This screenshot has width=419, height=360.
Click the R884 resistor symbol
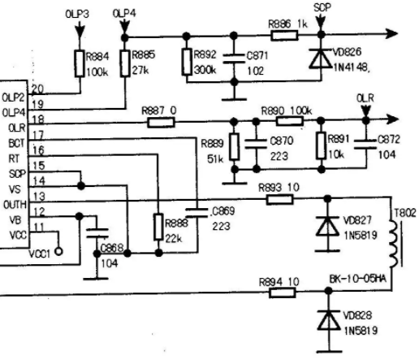(x=80, y=63)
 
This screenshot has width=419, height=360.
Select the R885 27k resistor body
(x=125, y=63)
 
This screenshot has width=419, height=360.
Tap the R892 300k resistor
(x=187, y=62)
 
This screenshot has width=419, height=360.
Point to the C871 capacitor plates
(x=234, y=59)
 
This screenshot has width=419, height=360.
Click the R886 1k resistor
(x=284, y=36)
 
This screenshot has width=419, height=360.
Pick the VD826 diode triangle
(x=321, y=59)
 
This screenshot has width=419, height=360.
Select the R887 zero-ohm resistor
(x=161, y=123)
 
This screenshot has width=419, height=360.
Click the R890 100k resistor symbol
(x=289, y=121)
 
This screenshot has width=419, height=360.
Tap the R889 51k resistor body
(x=235, y=146)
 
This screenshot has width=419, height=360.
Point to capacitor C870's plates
(x=256, y=144)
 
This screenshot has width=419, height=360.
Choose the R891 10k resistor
(x=321, y=145)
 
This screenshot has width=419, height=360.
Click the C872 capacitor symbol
(x=365, y=145)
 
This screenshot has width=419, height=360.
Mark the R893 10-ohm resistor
(x=279, y=200)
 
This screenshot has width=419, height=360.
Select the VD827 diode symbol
(x=328, y=226)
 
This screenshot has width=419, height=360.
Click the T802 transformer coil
(x=394, y=244)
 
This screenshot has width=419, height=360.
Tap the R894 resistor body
(x=283, y=293)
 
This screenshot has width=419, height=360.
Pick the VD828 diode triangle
(x=329, y=320)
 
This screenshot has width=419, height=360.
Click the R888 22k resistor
(x=158, y=227)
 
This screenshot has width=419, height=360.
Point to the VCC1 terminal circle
(x=58, y=252)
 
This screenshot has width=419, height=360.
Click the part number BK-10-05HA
(x=357, y=279)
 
